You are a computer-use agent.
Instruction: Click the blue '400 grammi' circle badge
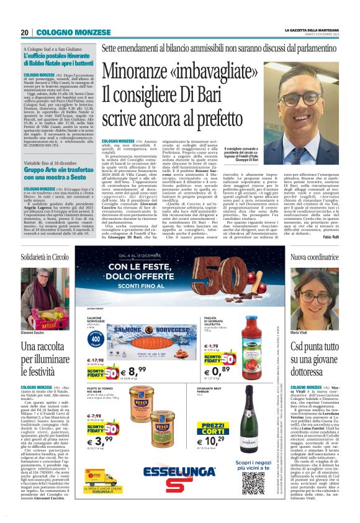(94, 340)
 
